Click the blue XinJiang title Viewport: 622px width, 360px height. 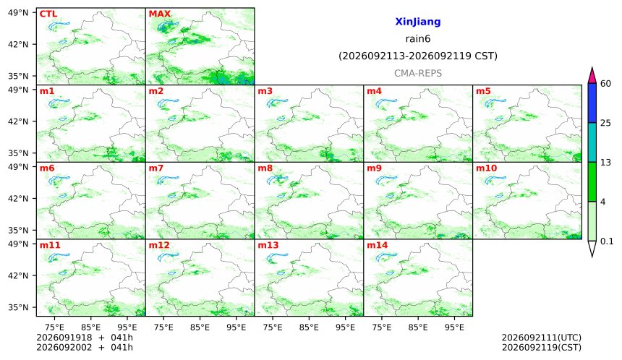[418, 22]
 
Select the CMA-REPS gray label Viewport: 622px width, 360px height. [418, 73]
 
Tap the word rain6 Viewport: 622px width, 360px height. [418, 39]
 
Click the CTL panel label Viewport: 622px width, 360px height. [48, 14]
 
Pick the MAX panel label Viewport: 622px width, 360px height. [159, 14]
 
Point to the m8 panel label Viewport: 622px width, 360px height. [265, 168]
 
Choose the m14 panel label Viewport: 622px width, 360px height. [377, 245]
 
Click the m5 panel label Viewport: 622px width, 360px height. [483, 91]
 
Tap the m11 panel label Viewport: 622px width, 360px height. [50, 245]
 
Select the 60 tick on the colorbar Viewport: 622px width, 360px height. [606, 84]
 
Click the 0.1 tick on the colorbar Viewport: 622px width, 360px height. [607, 241]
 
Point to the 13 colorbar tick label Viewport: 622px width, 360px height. [606, 163]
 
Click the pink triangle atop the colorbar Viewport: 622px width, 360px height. [592, 76]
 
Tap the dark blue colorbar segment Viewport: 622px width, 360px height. [592, 103]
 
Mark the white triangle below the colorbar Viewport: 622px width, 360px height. [592, 248]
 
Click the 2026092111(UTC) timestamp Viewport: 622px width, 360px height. [542, 338]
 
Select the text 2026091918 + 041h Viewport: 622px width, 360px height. [85, 338]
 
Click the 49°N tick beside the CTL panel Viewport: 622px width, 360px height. [18, 13]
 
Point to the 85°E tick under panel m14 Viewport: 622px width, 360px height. [418, 327]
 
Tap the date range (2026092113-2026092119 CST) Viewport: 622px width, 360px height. [418, 56]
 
